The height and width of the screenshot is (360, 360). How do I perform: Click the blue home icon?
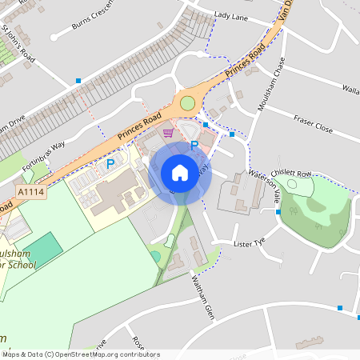tap(180, 173)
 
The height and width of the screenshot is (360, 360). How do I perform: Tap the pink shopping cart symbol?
tap(168, 133)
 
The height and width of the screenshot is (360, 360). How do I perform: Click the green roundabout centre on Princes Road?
tap(188, 103)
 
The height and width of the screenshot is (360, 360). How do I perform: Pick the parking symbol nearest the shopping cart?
tap(194, 145)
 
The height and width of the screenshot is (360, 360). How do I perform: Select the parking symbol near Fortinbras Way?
tap(111, 163)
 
